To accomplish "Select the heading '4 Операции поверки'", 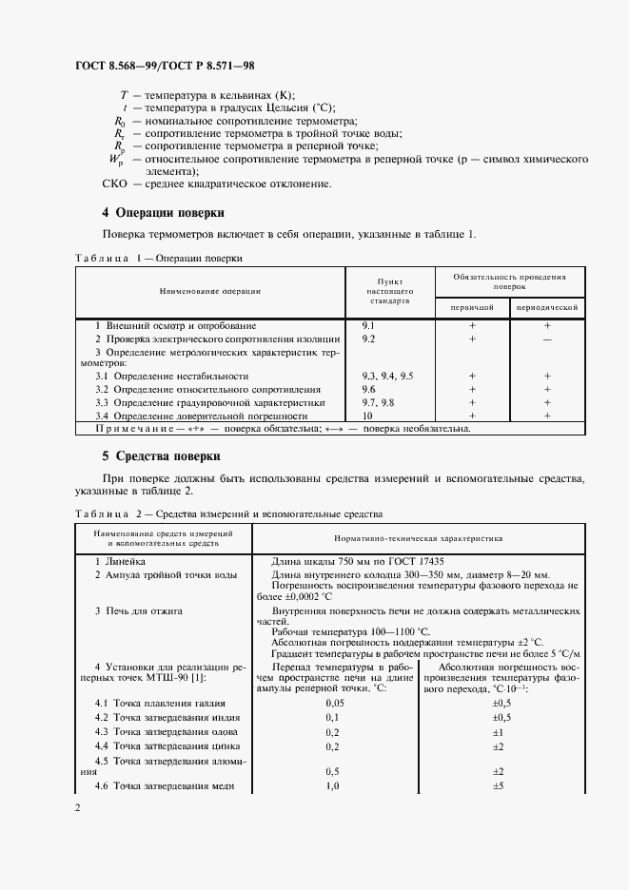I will (163, 212).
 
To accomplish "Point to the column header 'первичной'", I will (472, 308).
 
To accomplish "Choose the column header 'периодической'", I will (547, 308).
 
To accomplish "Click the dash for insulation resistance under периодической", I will (547, 339).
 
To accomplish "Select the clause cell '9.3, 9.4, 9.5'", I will (387, 377).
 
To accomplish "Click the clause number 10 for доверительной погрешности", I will (367, 416).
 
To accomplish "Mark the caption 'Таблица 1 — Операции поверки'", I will (158, 258).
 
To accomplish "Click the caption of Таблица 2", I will (227, 513).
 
